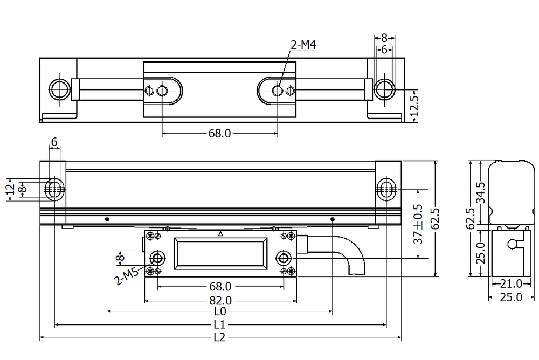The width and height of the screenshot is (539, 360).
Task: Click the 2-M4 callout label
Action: [x=303, y=46]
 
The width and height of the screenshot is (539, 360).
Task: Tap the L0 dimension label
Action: [x=219, y=311]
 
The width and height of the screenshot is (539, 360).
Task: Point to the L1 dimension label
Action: [x=219, y=325]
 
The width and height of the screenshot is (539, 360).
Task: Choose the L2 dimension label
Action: [x=219, y=338]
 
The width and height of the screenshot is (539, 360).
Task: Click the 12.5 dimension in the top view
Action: [x=414, y=106]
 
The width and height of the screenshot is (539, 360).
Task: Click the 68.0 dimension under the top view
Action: [x=219, y=133]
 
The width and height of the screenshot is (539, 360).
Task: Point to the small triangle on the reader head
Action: [x=220, y=234]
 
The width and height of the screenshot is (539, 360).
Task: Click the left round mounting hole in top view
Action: [x=59, y=89]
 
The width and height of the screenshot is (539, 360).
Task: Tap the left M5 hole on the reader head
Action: [x=157, y=258]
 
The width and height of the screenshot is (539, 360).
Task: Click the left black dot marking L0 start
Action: [x=108, y=219]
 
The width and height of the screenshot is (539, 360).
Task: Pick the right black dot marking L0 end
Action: [x=332, y=219]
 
